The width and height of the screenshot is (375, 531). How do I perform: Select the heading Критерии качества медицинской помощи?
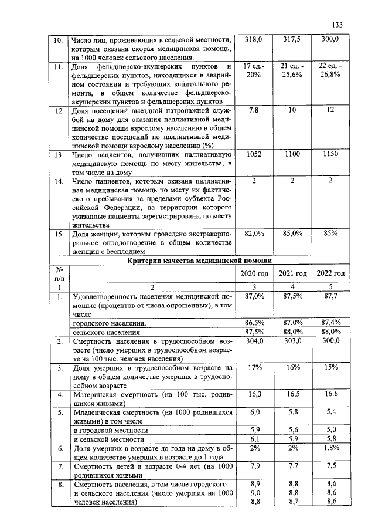199,261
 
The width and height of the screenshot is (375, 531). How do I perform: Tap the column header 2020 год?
254,274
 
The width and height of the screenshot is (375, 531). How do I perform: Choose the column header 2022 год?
330,274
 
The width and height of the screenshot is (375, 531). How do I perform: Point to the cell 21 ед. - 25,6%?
292,70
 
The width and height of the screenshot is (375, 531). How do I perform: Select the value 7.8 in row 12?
254,110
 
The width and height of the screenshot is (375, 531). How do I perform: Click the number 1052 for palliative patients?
254,154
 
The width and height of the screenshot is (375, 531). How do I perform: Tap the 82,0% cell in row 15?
254,234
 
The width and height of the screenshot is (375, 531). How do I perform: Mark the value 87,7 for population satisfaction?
330,296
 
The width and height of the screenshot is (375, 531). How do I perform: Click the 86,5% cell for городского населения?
254,323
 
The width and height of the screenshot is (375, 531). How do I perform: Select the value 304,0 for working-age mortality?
254,341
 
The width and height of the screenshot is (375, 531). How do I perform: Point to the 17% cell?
254,368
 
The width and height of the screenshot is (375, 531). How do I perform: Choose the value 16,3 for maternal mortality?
254,395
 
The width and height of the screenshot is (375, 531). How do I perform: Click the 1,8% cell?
330,448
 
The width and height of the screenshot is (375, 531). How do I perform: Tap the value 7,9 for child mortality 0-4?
254,466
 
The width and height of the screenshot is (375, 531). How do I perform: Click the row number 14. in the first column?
58,181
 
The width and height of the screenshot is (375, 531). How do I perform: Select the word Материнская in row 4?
98,395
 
